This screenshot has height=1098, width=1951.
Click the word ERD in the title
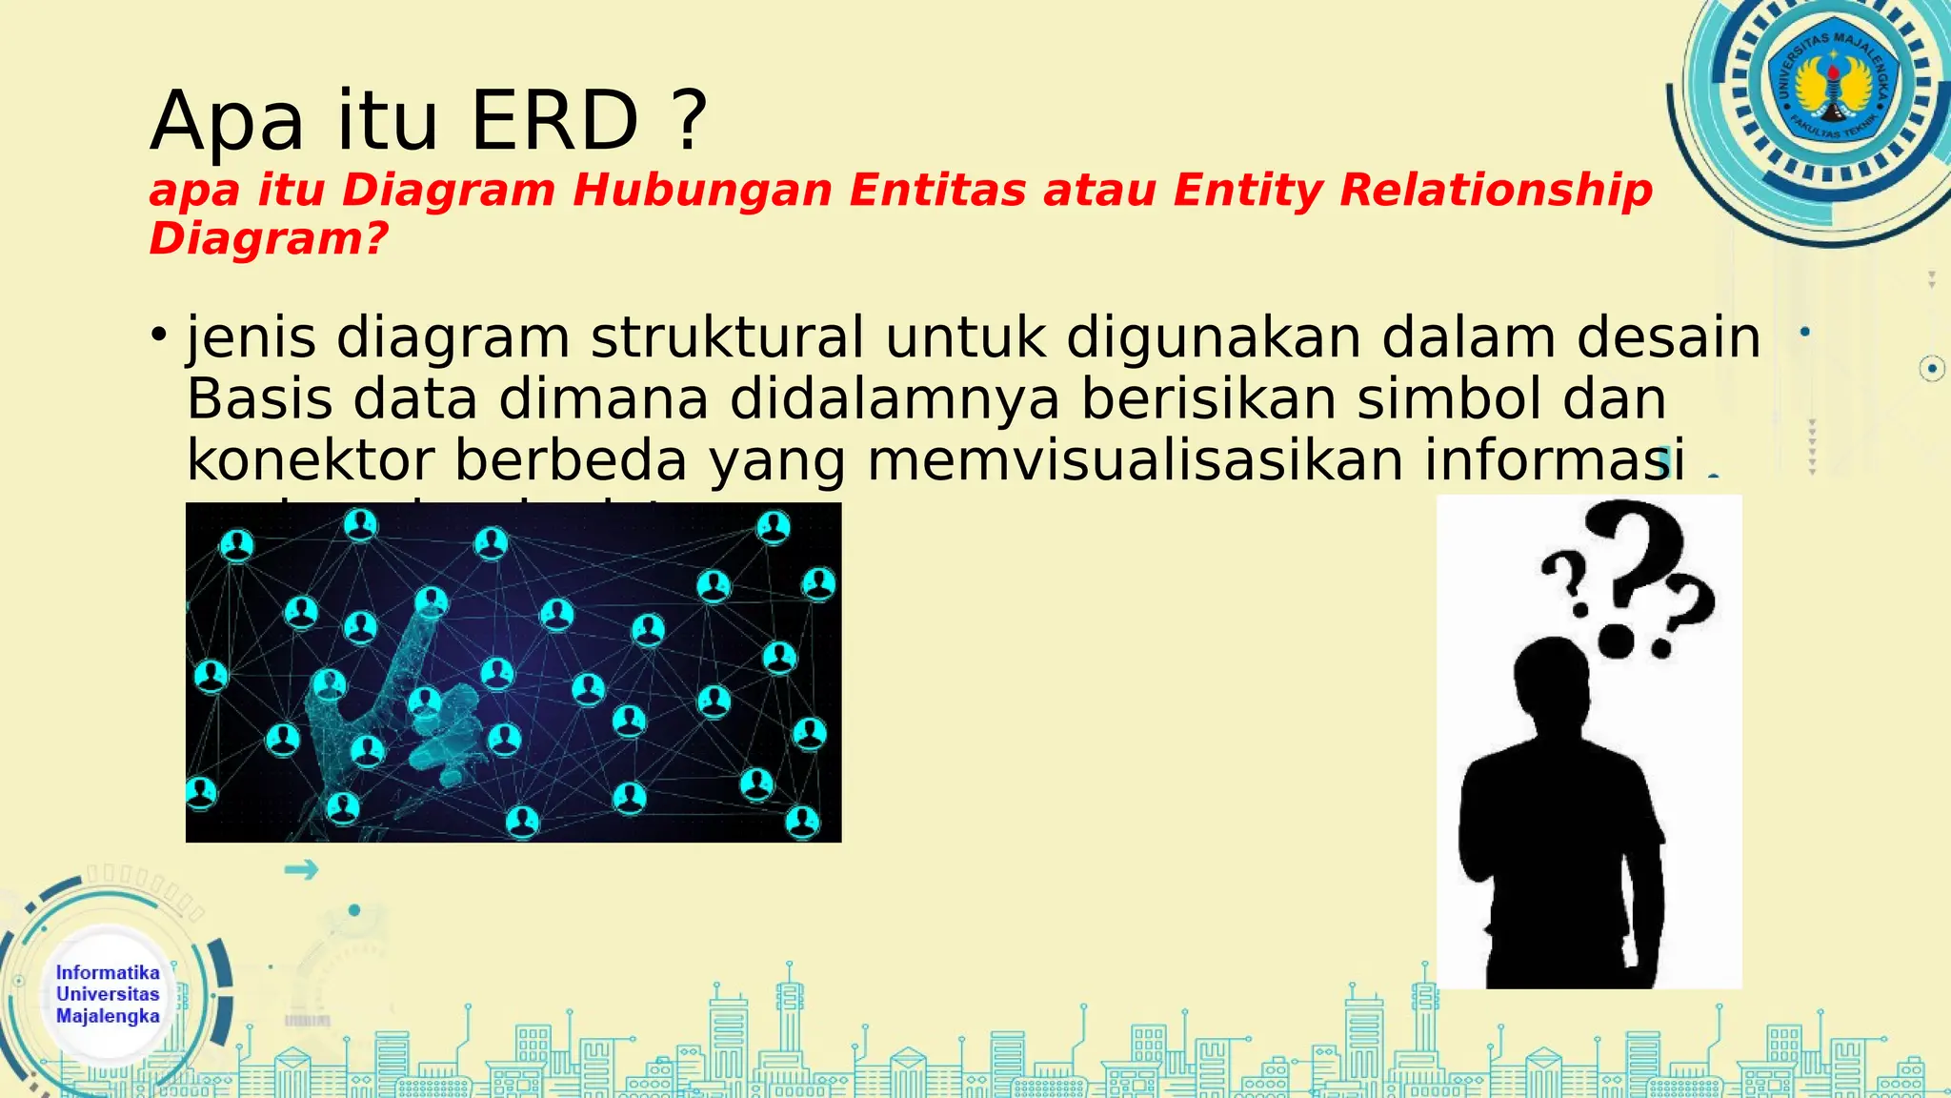click(x=554, y=122)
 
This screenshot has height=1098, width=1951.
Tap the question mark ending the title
click(x=689, y=122)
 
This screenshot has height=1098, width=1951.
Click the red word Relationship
click(x=1496, y=190)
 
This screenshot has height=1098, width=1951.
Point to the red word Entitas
click(x=937, y=190)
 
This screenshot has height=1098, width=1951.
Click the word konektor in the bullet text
click(x=311, y=459)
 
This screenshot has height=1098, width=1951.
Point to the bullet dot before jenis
click(x=159, y=335)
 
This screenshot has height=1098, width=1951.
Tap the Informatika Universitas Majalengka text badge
click(x=108, y=994)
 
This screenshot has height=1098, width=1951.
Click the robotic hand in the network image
click(x=400, y=696)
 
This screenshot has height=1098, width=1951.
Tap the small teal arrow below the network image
click(x=301, y=869)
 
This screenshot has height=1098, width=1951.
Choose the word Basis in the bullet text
click(x=259, y=398)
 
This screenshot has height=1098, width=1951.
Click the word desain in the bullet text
click(x=1668, y=337)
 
